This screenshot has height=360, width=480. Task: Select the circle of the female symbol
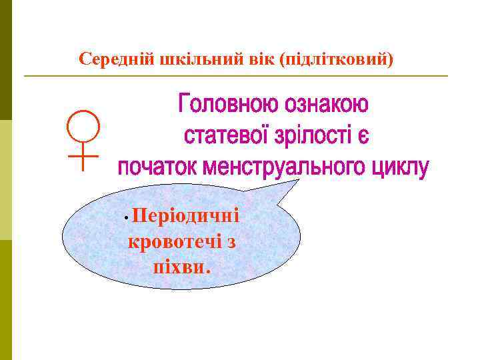(82, 127)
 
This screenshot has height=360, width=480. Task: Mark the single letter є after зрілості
(361, 137)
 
